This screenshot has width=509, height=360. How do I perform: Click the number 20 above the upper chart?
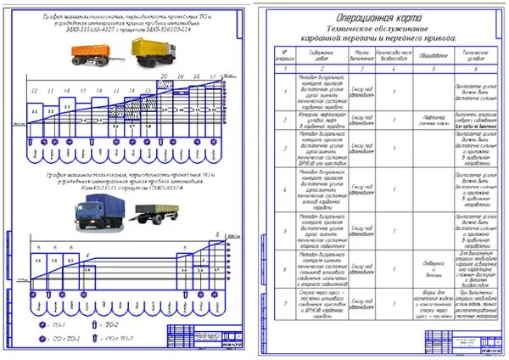point(166,77)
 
